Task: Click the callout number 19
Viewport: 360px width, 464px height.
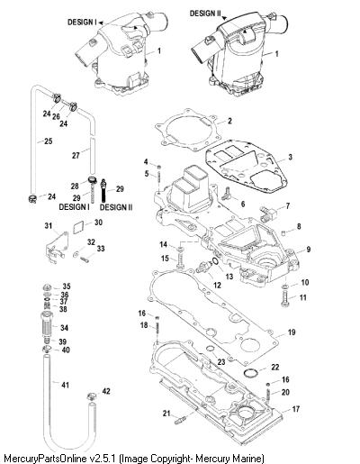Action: pos(292,332)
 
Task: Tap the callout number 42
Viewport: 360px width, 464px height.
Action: pos(106,391)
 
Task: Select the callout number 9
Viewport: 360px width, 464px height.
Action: pos(309,250)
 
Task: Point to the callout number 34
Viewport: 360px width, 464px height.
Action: pos(64,328)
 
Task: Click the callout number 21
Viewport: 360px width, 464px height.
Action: pos(166,414)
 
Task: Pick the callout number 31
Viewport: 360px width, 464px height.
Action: pos(49,225)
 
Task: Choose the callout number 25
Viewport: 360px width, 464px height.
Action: pos(49,141)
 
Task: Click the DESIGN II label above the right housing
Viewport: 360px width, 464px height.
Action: pos(205,14)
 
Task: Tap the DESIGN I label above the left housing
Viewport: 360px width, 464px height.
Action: pos(82,22)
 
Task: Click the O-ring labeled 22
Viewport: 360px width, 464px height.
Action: pos(251,373)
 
